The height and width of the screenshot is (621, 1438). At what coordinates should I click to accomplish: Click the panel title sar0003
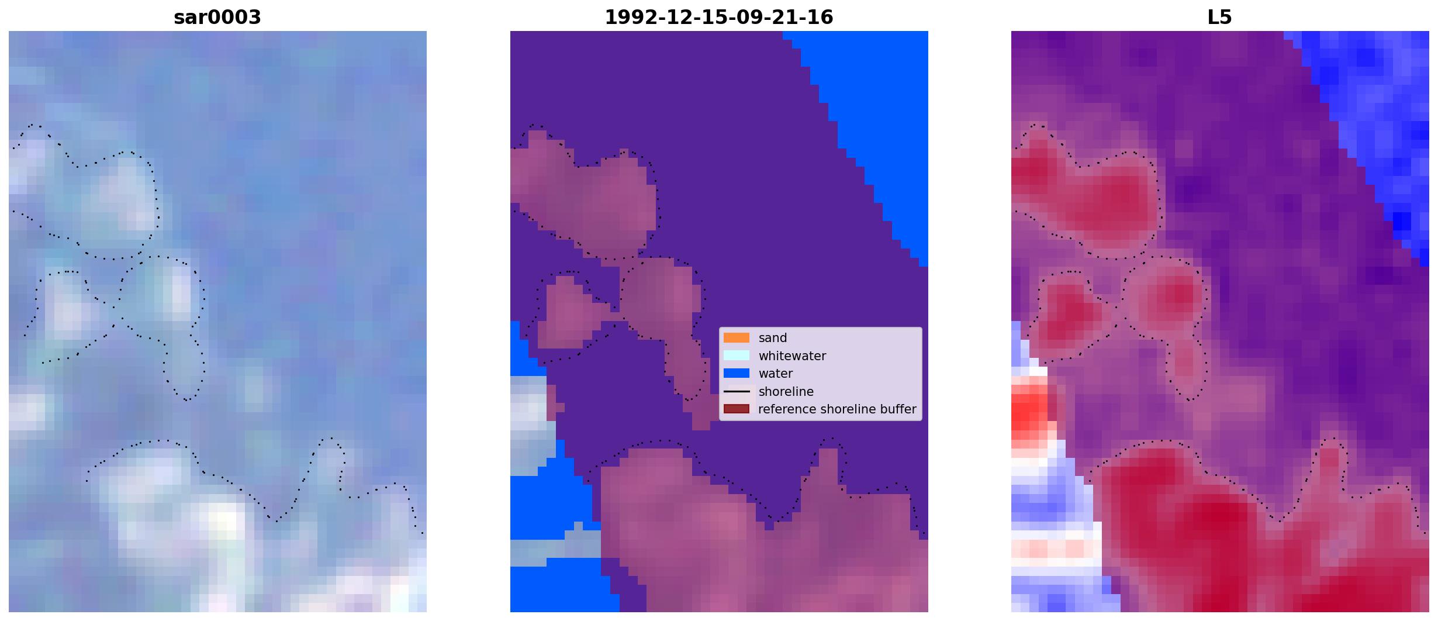[x=217, y=18]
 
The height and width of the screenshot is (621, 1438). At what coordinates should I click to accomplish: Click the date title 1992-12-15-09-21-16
[x=719, y=18]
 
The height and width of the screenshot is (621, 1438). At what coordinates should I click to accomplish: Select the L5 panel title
[x=1220, y=18]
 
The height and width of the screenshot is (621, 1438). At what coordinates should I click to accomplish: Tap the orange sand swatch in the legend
[x=737, y=338]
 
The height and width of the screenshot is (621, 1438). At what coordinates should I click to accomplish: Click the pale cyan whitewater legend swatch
[x=737, y=356]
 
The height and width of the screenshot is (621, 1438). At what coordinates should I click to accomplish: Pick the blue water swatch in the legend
[x=737, y=373]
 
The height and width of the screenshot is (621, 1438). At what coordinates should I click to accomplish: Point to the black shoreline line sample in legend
[x=737, y=392]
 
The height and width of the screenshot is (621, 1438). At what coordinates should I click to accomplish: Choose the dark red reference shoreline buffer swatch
[x=737, y=409]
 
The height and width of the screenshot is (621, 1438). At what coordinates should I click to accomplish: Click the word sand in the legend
[x=773, y=338]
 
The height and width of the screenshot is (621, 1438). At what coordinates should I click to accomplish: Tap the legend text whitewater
[x=792, y=356]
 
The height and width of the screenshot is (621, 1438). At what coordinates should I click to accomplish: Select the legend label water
[x=776, y=374]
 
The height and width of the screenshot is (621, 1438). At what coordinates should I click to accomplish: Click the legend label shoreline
[x=786, y=392]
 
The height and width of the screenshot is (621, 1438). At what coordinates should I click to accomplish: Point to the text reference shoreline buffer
[x=837, y=409]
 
